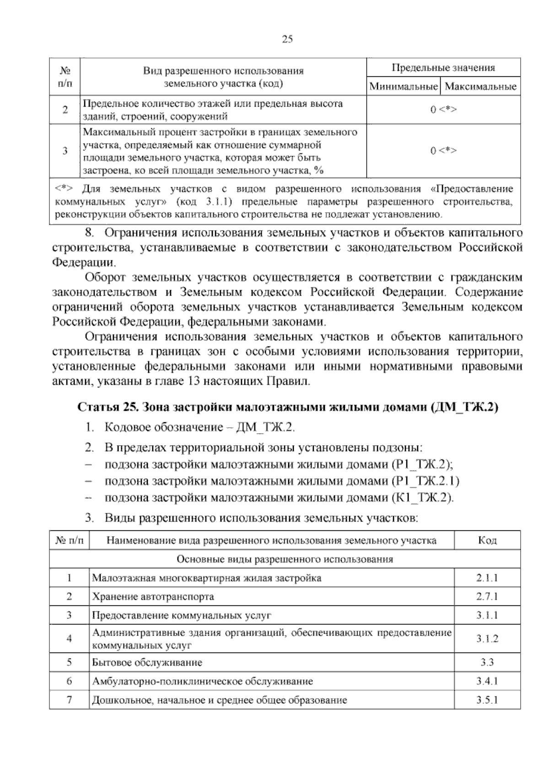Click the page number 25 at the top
[x=287, y=39]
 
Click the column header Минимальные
[x=403, y=86]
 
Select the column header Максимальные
[x=480, y=86]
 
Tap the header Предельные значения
[x=443, y=68]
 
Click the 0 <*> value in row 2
[x=443, y=110]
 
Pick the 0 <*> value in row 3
[x=443, y=151]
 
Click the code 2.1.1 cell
[x=487, y=578]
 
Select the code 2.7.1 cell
[x=487, y=597]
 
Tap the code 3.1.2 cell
[x=487, y=639]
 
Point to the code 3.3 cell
[x=487, y=662]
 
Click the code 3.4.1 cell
[x=487, y=681]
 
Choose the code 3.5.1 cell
[x=487, y=700]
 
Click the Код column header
[x=487, y=540]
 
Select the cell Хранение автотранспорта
[x=153, y=597]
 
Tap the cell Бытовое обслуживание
[x=147, y=662]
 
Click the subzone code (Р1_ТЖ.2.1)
[x=425, y=481]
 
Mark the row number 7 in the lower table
[x=69, y=700]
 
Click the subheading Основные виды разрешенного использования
[x=285, y=559]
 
